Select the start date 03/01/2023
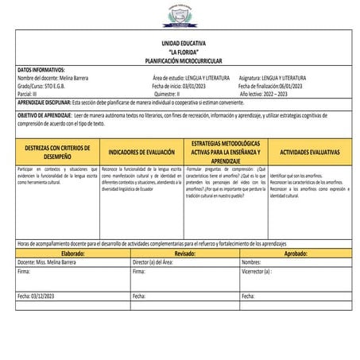coord(199,86)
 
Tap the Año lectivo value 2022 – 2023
coord(286,93)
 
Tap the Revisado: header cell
coord(184,253)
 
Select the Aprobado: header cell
coord(296,253)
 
